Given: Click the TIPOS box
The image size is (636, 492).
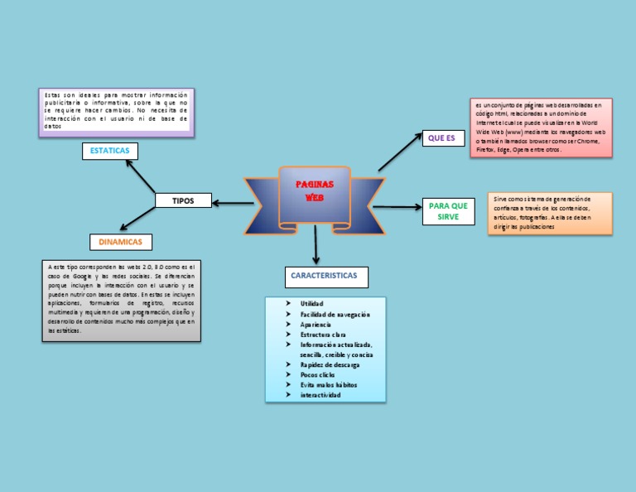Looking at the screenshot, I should [183, 200].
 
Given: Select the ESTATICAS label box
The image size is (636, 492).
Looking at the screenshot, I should [110, 151].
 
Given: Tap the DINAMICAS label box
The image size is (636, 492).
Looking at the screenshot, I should [121, 242].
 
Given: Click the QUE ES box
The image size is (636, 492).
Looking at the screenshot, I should [443, 138].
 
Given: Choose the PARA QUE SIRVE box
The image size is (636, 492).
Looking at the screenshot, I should [448, 211].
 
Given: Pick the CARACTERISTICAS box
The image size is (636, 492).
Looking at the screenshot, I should [324, 276].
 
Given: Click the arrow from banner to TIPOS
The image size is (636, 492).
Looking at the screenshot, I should [233, 201].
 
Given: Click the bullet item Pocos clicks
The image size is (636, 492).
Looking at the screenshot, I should [318, 374].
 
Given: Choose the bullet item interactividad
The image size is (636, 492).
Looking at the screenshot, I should [320, 395].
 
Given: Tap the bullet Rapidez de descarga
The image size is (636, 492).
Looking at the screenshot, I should [330, 364].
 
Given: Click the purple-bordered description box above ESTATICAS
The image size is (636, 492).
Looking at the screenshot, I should [116, 112].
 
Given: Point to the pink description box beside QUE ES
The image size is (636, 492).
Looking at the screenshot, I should [541, 127].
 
